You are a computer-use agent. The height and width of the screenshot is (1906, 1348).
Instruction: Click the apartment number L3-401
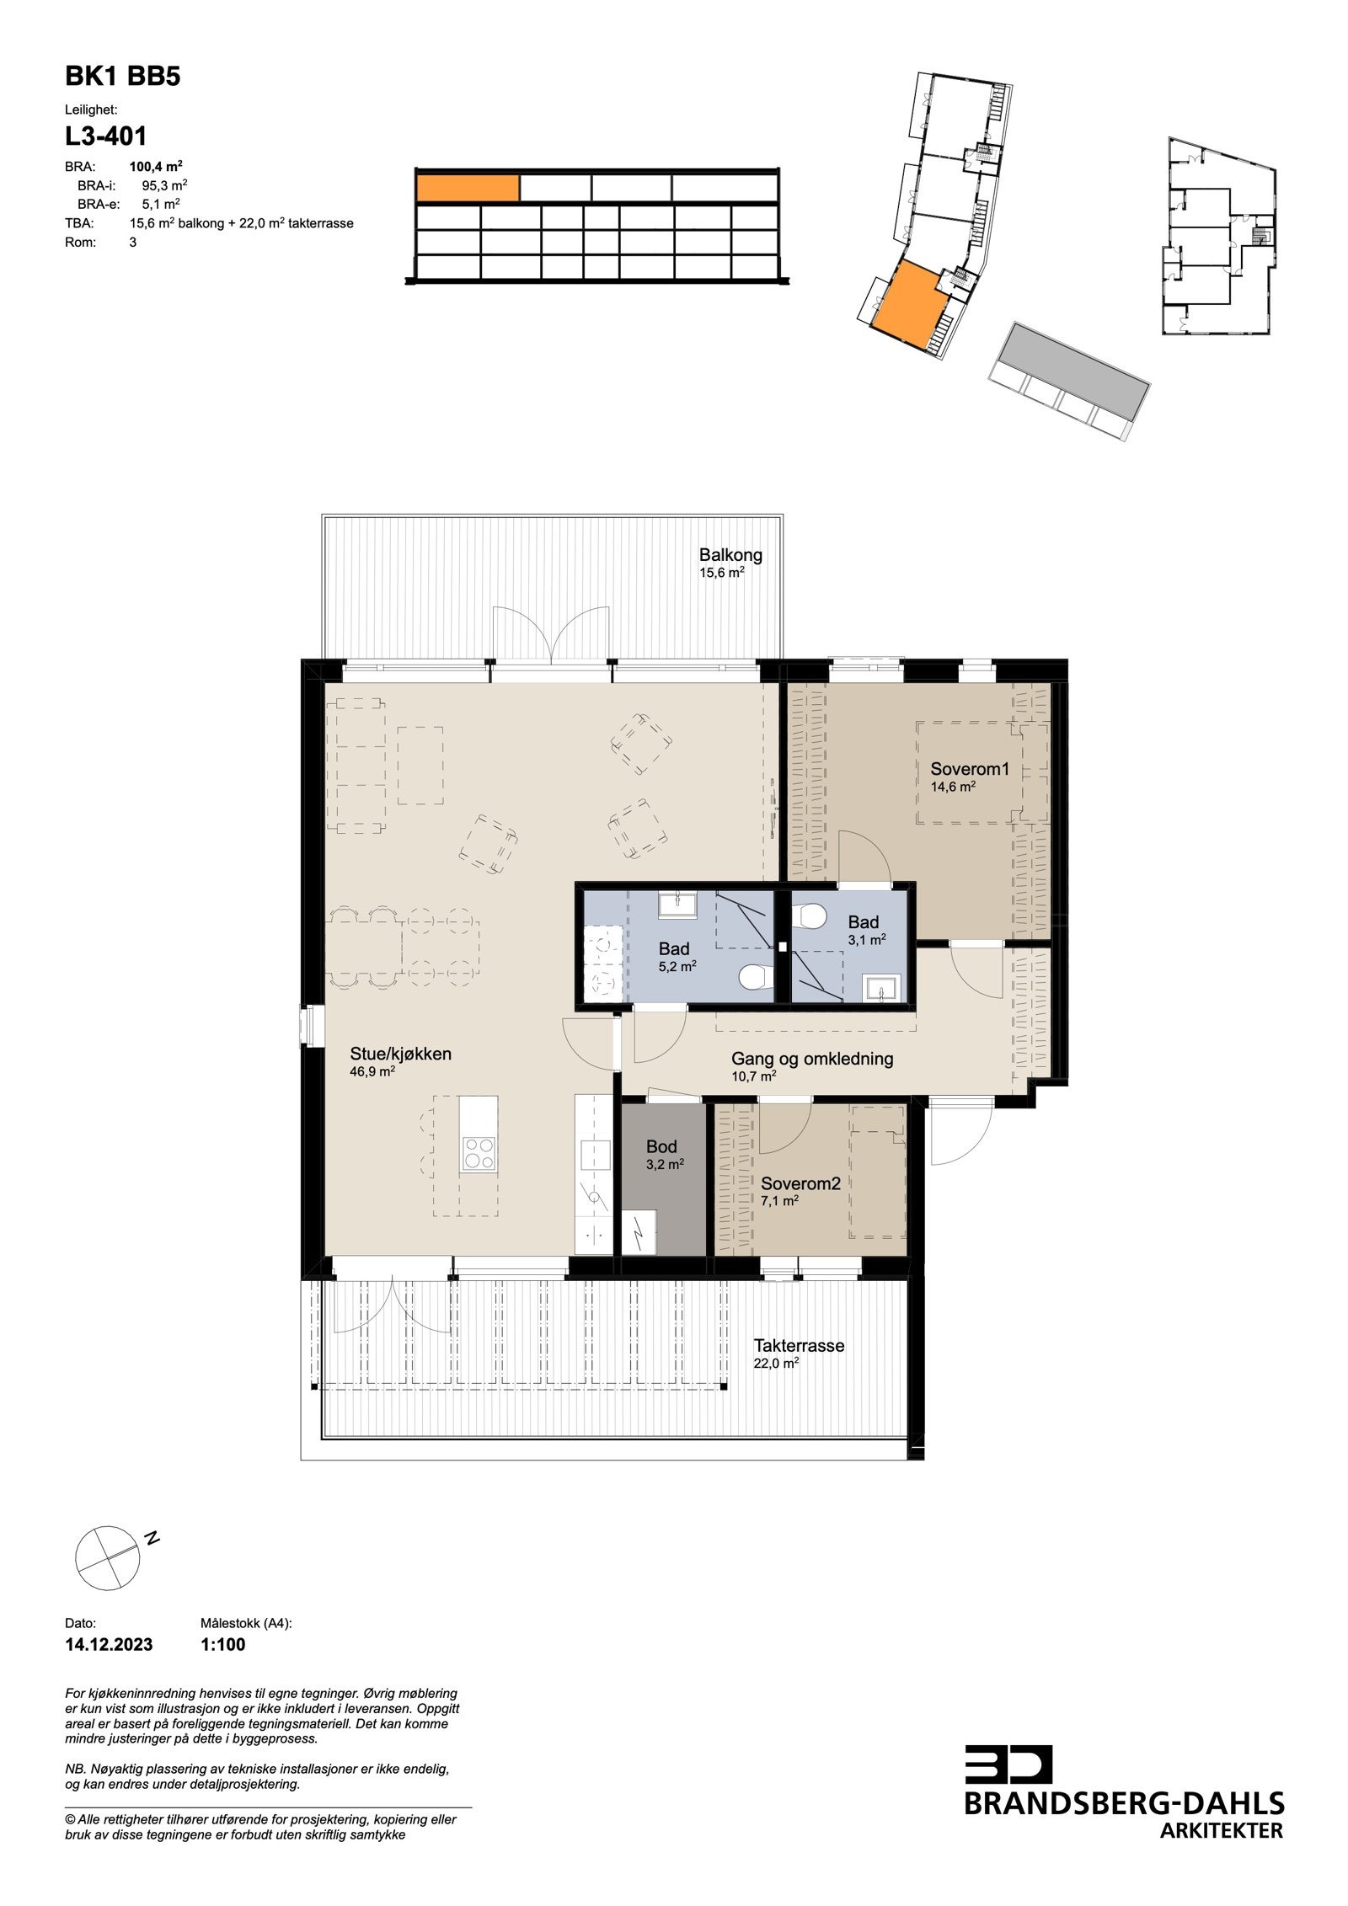pos(106,136)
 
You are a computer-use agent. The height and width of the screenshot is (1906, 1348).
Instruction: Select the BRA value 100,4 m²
pos(156,166)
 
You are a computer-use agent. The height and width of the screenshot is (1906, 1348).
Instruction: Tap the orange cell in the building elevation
pos(468,188)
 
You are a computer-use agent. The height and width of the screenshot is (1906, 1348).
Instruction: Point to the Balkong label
pos(730,555)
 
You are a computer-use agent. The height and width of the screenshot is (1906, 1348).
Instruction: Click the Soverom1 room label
pos(969,769)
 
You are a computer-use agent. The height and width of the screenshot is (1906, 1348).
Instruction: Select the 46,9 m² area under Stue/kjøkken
pos(372,1072)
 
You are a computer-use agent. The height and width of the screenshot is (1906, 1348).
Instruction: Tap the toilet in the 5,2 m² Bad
pos(753,977)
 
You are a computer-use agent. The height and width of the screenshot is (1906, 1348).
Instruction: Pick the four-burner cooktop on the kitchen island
pos(479,1153)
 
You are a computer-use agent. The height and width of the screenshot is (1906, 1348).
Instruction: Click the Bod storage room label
pos(661,1146)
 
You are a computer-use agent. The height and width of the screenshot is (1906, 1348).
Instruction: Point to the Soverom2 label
pos(800,1183)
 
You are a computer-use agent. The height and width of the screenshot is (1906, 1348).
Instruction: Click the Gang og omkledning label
pos(811,1059)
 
